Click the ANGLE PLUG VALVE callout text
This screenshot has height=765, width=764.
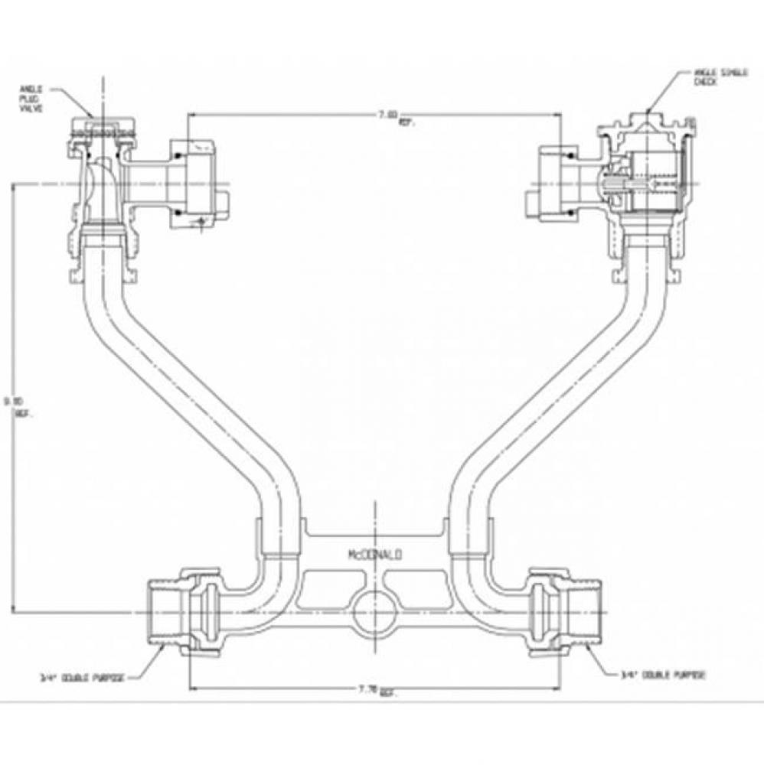click(x=32, y=99)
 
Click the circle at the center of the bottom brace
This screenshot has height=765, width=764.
click(x=374, y=612)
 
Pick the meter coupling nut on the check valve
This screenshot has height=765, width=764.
click(x=555, y=184)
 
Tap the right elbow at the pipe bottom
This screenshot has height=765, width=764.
click(x=482, y=585)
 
